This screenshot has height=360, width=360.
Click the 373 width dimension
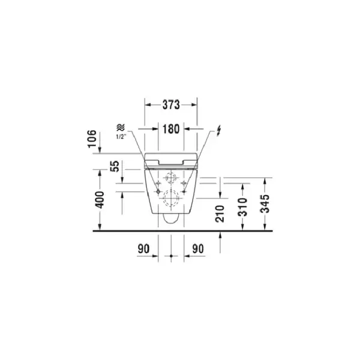[x=171, y=105]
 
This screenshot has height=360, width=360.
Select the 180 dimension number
[x=171, y=129]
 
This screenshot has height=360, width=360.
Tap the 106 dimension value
[x=92, y=139]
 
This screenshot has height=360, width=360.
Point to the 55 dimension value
[x=115, y=166]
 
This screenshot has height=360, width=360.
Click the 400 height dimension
[x=100, y=200]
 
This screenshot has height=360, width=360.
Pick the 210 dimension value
[x=220, y=214]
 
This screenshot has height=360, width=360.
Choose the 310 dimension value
[x=242, y=208]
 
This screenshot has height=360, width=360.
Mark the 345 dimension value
[x=265, y=204]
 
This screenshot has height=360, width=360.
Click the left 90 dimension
[x=143, y=248]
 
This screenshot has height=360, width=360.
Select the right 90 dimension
[x=198, y=248]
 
